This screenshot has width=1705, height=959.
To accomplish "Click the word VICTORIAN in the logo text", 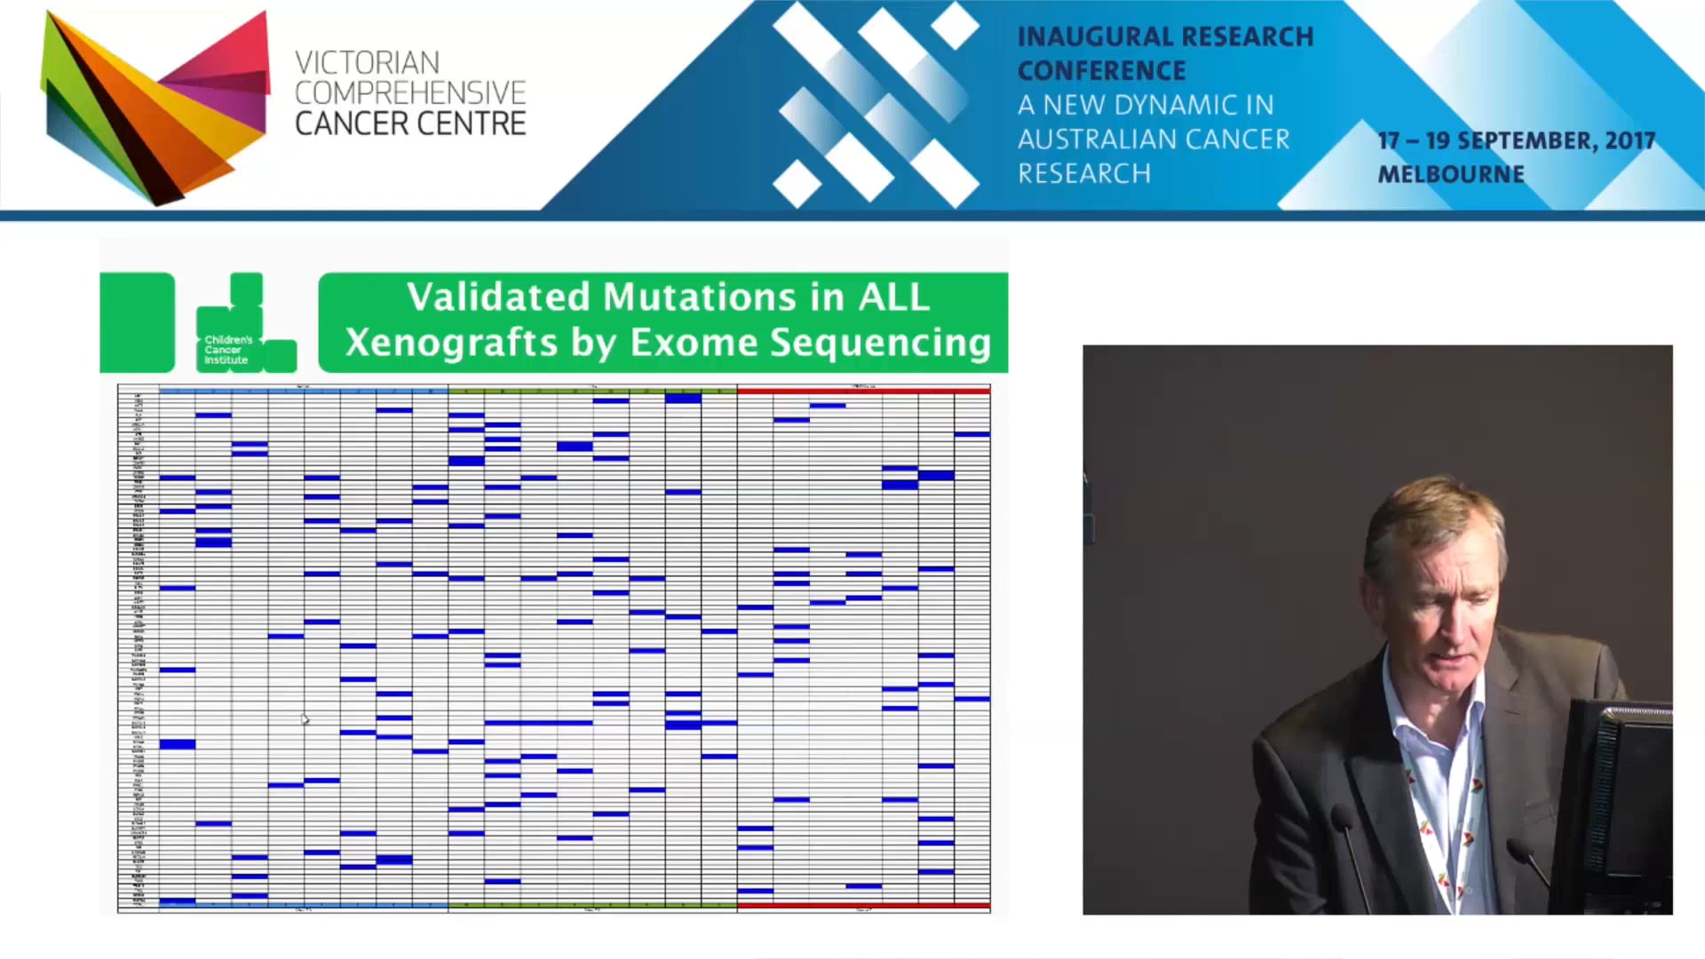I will coord(367,63).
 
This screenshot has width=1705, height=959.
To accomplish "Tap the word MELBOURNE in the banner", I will coord(1450,174).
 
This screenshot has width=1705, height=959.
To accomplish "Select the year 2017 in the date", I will coord(1630,141).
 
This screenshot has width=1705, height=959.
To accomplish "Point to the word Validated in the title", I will coord(498,297).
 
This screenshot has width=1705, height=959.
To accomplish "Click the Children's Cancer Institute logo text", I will coord(227,350).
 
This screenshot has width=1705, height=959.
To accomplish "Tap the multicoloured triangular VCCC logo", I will coord(155,107).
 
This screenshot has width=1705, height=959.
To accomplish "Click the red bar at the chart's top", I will coord(863,391).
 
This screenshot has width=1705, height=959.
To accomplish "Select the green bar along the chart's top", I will coord(592,391).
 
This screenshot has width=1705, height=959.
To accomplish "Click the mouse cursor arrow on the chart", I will coord(305,718).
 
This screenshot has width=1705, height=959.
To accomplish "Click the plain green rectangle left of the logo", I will coord(137,322).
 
